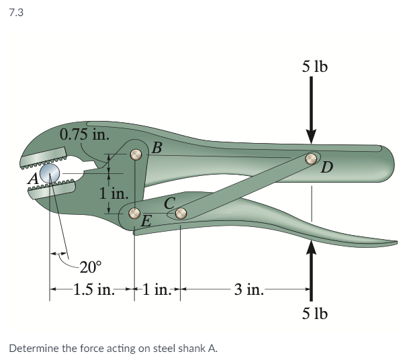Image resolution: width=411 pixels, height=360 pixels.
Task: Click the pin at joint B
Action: click(x=136, y=154)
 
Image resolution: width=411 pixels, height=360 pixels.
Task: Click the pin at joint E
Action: click(x=135, y=215)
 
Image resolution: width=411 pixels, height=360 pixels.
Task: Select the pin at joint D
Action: click(x=311, y=159)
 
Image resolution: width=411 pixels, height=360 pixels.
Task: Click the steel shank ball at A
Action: click(x=48, y=175)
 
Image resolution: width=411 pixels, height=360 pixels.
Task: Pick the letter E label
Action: click(x=147, y=220)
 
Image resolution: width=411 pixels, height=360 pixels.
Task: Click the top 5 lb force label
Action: click(x=315, y=66)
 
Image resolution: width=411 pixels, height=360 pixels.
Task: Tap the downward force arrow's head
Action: click(x=311, y=136)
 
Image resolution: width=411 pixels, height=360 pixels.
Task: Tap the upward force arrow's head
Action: click(x=311, y=248)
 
